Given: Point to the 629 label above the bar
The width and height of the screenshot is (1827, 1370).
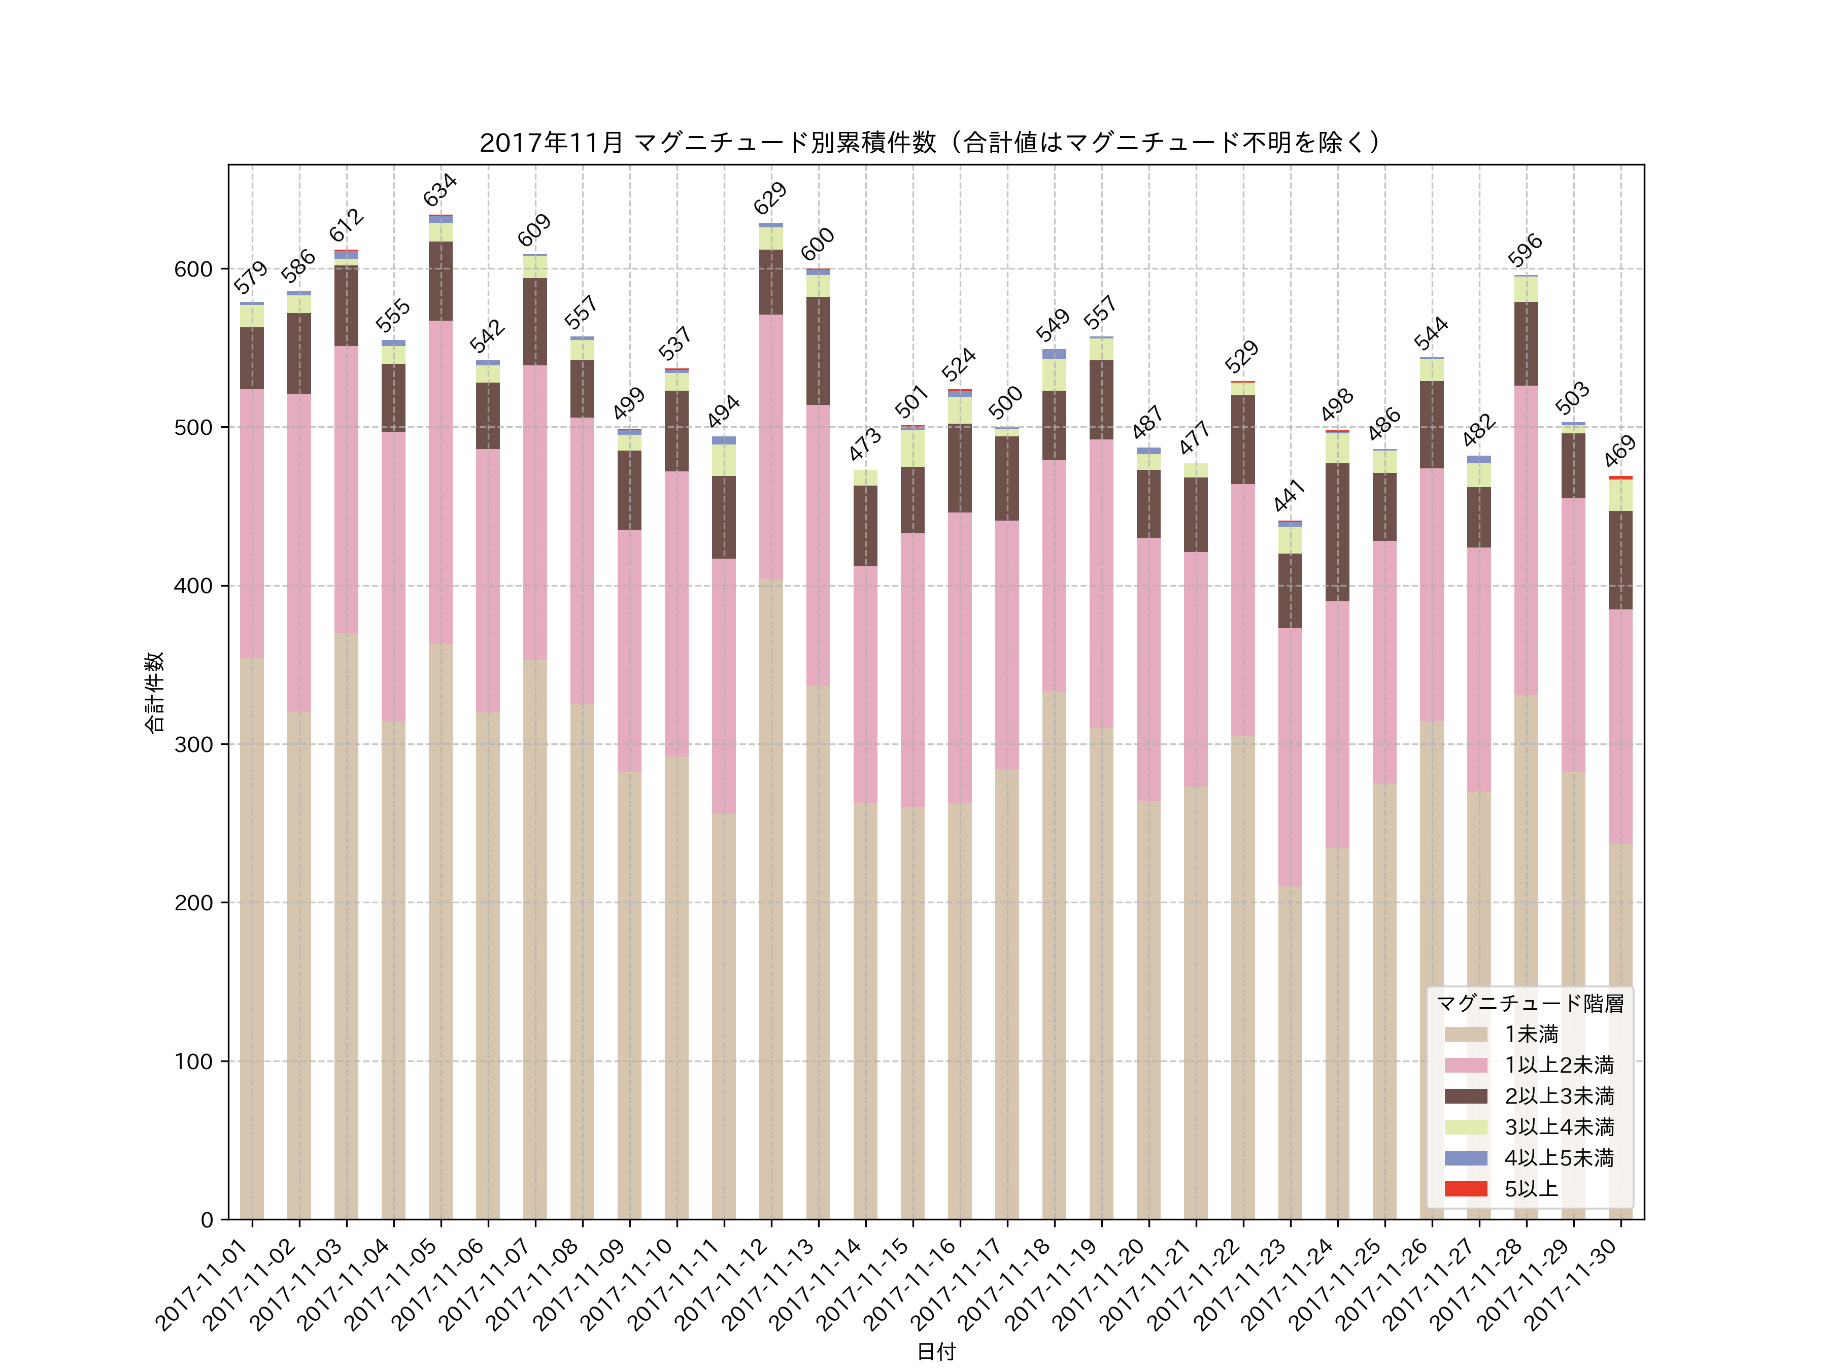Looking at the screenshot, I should [x=770, y=198].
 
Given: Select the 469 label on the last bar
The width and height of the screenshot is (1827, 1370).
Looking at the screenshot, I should [x=1620, y=452].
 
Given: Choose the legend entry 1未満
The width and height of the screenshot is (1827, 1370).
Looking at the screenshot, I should [x=1531, y=1034].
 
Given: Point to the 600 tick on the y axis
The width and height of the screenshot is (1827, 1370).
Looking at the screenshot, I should [x=193, y=269].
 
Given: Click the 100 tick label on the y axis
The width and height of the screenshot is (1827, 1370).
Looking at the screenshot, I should [x=193, y=1061].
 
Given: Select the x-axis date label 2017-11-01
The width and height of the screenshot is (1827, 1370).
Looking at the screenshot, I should [x=202, y=1285].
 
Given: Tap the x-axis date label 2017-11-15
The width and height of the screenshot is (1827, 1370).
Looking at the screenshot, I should [x=863, y=1285].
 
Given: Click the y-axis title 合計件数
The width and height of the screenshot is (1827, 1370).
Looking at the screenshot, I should [x=154, y=692].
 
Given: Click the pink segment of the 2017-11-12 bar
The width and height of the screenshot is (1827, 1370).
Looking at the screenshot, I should [x=770, y=446].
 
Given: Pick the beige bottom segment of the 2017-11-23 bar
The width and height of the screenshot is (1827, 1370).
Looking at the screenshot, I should [x=1290, y=1053].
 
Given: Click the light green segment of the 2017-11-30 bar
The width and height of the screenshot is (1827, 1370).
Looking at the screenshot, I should [x=1620, y=495].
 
